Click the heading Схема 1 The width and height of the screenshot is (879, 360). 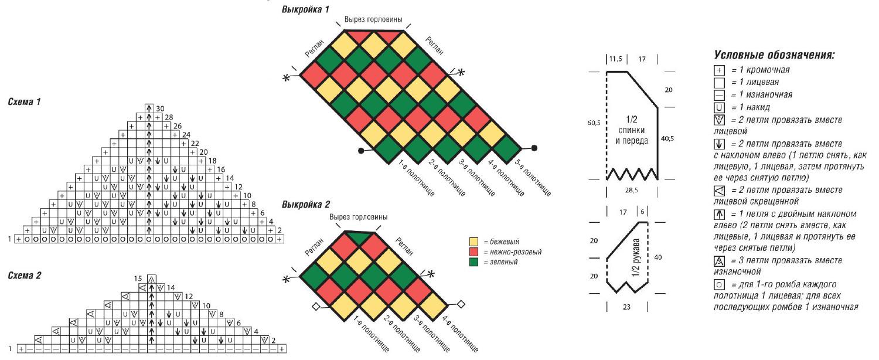[25, 102]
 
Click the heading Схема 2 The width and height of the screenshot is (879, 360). [25, 276]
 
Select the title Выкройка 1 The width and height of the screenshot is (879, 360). [305, 9]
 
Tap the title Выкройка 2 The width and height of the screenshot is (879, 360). [306, 205]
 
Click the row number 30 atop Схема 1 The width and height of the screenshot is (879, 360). [160, 108]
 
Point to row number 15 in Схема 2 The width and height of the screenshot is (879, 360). [138, 279]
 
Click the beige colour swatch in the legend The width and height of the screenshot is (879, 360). [473, 242]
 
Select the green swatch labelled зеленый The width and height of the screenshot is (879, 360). [473, 262]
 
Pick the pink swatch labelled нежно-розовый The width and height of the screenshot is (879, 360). [473, 252]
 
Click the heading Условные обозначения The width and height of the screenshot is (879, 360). [774, 55]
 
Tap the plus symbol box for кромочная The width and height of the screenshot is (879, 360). [719, 70]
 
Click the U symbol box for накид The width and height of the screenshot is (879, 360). [719, 107]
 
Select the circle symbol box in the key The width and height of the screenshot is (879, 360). [719, 284]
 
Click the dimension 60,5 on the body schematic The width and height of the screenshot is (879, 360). [594, 123]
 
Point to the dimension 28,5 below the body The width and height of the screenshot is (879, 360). [631, 191]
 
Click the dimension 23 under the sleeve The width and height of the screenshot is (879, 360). [626, 307]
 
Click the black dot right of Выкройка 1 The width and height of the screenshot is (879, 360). [534, 148]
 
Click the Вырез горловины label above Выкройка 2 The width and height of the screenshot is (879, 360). [358, 217]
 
